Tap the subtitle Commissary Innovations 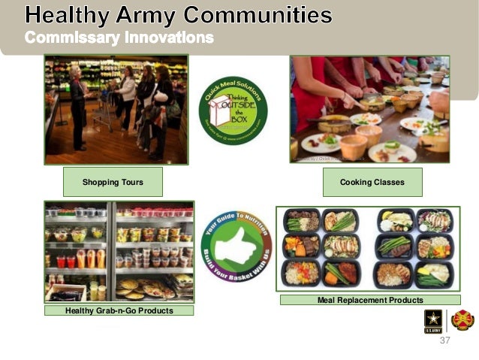coord(119,37)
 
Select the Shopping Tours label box coord(113,182)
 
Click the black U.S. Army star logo coord(434,321)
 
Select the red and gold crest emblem coord(462,321)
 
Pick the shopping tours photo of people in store coord(116,109)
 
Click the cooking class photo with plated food coord(369,109)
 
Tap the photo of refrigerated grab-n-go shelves coord(119,251)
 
